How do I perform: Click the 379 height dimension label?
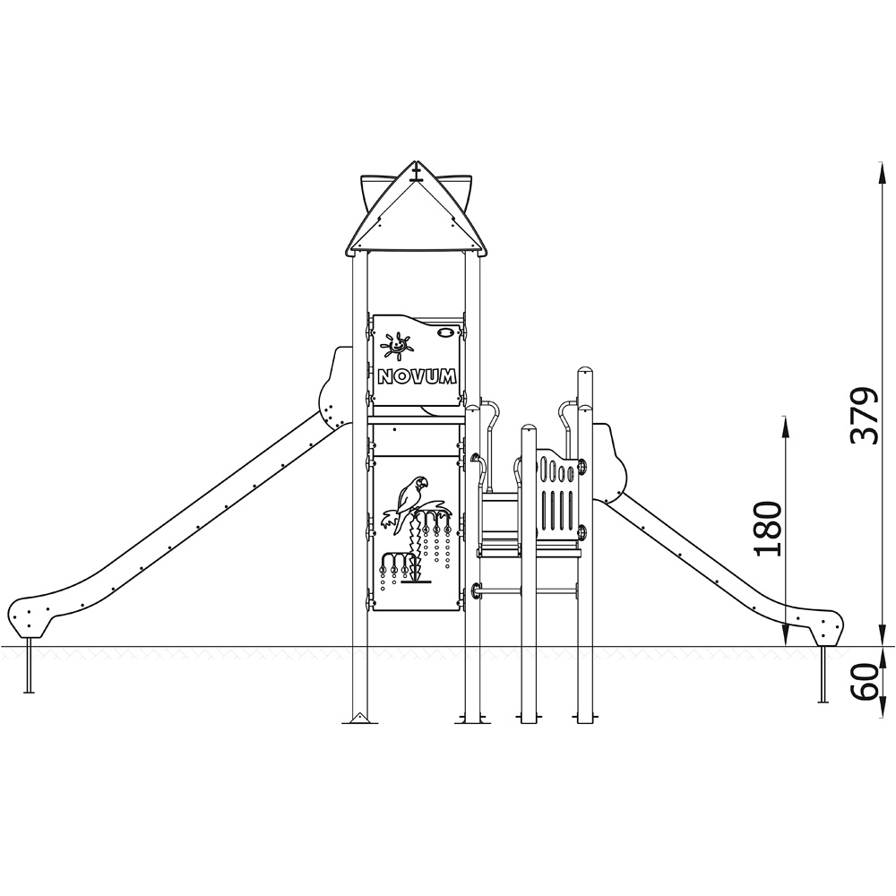click(864, 416)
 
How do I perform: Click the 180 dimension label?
click(768, 529)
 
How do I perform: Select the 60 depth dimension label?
click(866, 682)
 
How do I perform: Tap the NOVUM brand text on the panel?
click(418, 376)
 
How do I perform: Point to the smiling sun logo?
click(396, 346)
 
